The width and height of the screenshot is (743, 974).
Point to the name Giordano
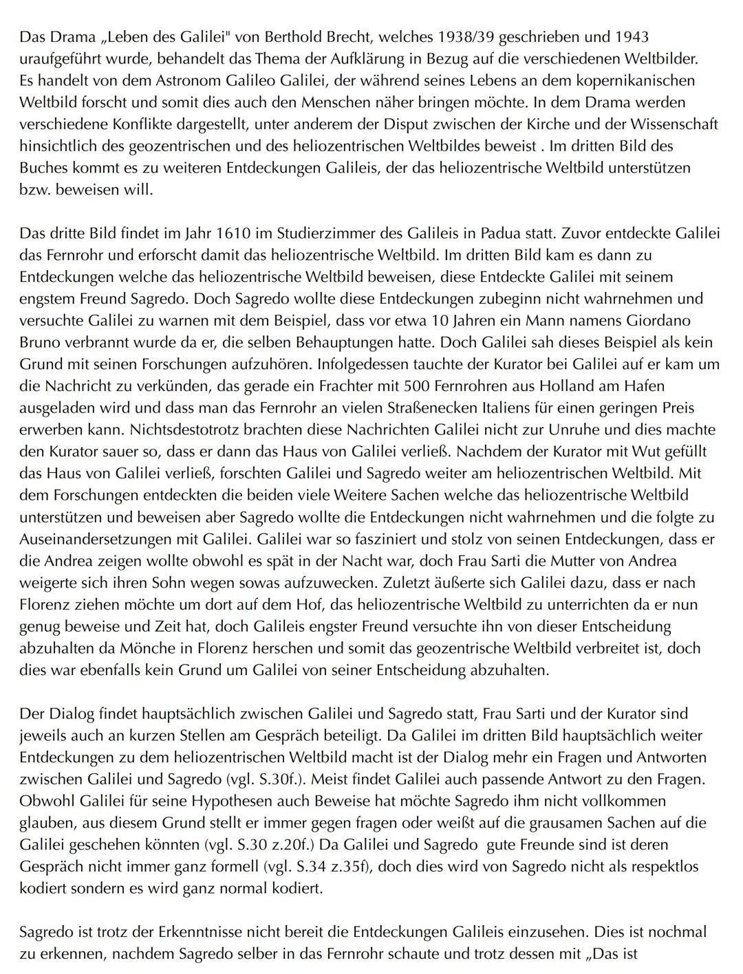pos(660,320)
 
